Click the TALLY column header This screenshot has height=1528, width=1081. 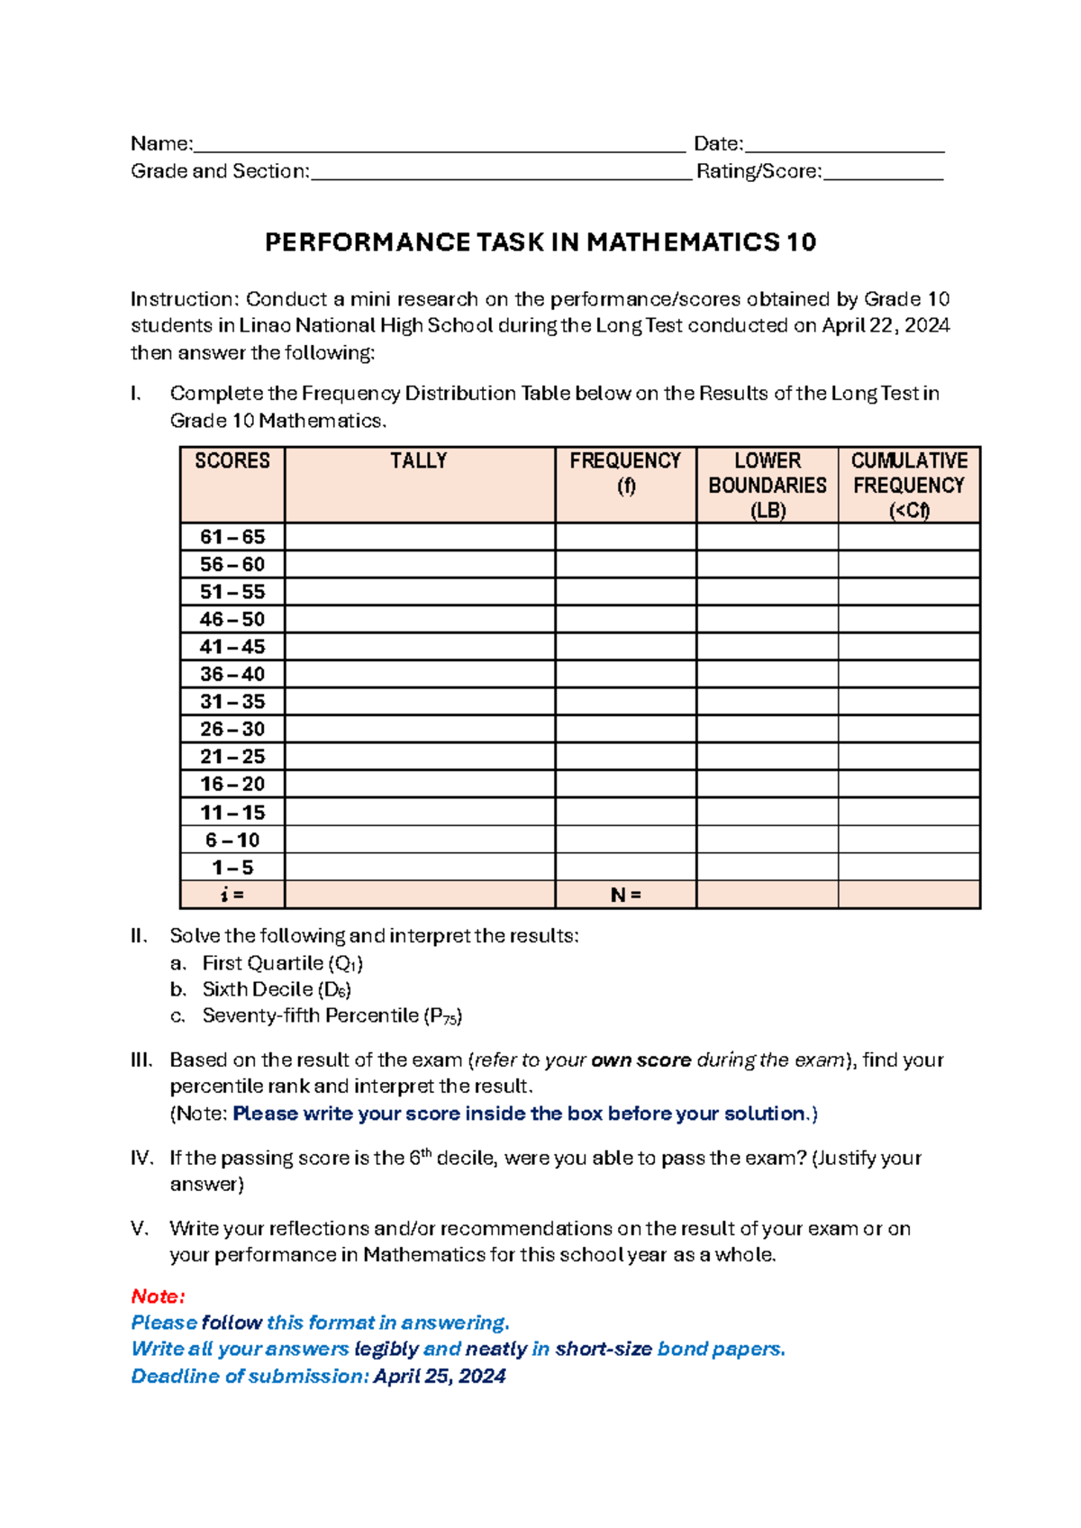419,461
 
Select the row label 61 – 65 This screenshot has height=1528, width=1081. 232,537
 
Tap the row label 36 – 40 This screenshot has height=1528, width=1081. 232,674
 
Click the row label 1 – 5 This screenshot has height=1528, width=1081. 232,868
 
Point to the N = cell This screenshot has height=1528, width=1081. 625,895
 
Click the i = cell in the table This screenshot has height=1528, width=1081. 232,895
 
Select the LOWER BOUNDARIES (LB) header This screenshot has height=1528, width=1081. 767,485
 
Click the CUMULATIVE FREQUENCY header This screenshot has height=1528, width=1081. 909,485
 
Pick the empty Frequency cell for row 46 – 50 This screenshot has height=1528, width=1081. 625,619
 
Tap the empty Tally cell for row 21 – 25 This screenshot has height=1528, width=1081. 419,756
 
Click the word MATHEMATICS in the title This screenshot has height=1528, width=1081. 683,242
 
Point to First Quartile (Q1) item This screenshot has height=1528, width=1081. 282,963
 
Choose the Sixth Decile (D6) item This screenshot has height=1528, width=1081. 277,989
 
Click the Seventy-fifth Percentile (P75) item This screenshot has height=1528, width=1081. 332,1016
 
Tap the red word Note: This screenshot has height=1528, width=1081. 158,1296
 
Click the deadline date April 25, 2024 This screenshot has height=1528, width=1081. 440,1377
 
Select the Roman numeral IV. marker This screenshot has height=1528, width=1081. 142,1158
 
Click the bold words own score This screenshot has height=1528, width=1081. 640,1060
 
